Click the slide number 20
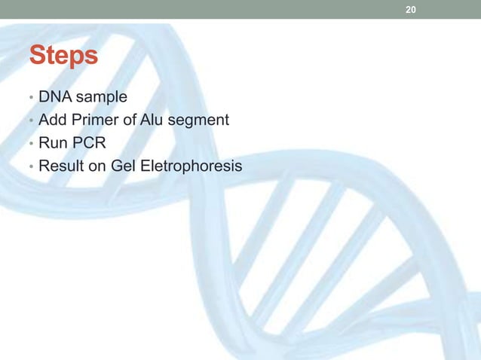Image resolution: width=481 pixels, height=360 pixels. click(x=411, y=10)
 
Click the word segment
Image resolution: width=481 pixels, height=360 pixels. click(x=198, y=120)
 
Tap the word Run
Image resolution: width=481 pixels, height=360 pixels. click(x=51, y=139)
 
